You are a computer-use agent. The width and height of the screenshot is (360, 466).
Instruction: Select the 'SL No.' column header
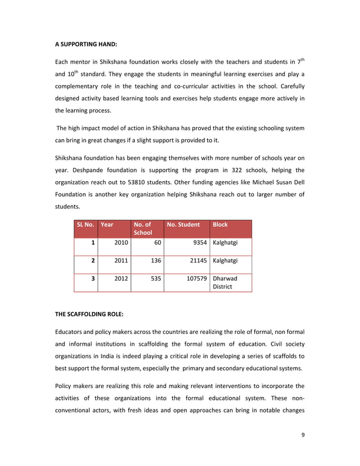(x=85, y=225)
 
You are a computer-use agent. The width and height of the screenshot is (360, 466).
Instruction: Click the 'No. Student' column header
(x=183, y=225)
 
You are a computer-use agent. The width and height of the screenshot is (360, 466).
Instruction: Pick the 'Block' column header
(x=220, y=225)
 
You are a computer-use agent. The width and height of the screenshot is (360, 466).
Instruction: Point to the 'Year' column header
(x=107, y=225)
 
